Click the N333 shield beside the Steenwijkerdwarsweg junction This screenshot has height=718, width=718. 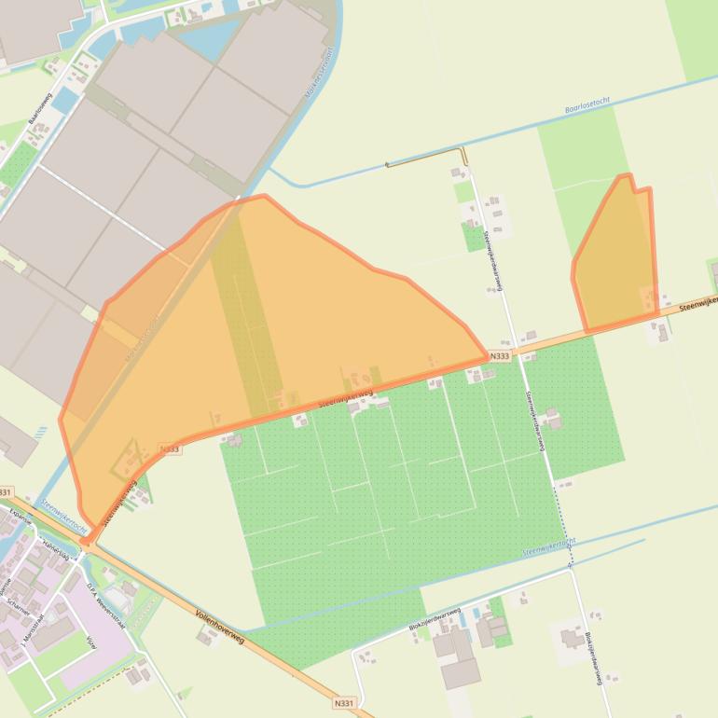(x=499, y=356)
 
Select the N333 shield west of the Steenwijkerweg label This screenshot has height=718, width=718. (x=169, y=449)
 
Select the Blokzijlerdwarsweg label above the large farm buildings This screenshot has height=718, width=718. (x=436, y=615)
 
